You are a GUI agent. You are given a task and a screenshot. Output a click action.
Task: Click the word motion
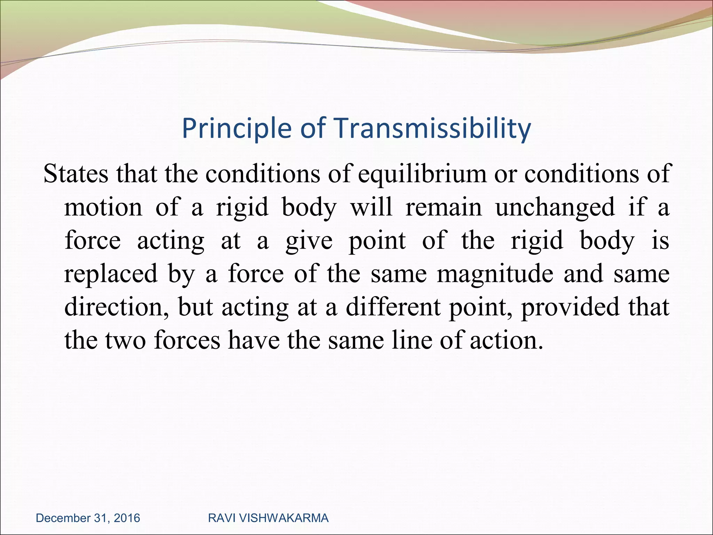pos(103,207)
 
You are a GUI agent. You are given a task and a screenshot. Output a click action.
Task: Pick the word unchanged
pos(555,208)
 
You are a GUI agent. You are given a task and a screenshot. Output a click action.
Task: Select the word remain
pos(444,207)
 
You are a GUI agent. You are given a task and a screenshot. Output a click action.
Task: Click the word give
pos(309,241)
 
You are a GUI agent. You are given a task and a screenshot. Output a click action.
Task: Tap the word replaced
pos(111,274)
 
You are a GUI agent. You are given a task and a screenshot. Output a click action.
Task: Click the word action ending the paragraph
pos(506,340)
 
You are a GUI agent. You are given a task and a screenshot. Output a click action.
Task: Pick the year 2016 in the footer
pos(127,518)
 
